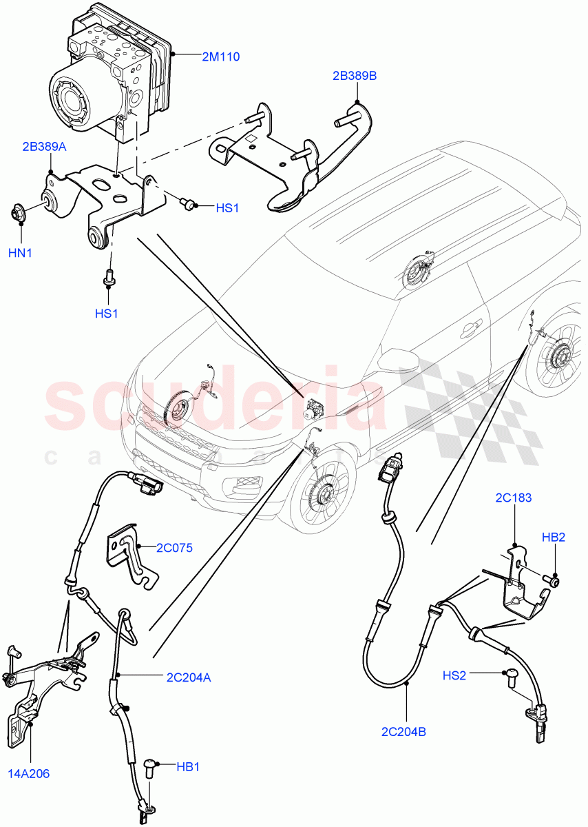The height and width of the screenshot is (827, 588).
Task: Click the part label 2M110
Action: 220,57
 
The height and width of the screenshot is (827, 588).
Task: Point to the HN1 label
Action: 20,253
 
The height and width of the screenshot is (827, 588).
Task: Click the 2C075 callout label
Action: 174,549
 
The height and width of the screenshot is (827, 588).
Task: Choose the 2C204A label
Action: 188,677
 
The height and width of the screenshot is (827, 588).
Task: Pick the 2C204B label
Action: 403,731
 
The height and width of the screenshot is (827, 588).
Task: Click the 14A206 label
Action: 29,773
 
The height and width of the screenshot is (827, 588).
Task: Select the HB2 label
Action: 553,537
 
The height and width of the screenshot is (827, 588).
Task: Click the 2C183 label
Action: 513,498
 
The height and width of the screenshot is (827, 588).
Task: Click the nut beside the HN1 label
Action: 19,211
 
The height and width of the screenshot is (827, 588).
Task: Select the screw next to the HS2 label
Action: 511,678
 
